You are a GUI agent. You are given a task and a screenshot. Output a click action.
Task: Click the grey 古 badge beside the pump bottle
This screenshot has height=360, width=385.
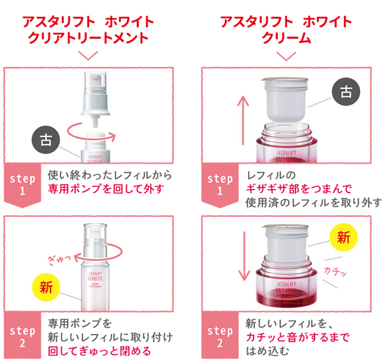pos(46,140)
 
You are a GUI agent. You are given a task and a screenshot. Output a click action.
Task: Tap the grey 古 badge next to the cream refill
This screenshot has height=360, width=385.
pos(346,92)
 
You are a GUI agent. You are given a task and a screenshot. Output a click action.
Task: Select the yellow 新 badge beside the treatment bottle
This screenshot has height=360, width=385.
pos(46,287)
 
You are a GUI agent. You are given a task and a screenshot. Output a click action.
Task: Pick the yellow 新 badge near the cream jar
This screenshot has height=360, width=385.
pos(343,237)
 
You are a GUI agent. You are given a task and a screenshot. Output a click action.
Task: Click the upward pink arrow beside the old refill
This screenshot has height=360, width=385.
pos(243,120)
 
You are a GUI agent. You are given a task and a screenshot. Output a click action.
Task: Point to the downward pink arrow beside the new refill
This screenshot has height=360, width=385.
pos(244,256)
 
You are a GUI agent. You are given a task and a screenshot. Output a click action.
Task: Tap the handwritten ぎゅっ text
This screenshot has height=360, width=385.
pos(59,260)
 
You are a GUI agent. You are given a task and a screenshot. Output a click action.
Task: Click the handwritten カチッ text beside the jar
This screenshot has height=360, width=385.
pos(335,272)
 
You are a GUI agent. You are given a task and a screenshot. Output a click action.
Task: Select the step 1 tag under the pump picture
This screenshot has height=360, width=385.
pos(22,185)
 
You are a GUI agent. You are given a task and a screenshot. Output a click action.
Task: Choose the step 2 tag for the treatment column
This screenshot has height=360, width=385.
pos(22,335)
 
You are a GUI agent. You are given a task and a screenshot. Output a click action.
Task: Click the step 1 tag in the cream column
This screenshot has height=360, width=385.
pos(220,185)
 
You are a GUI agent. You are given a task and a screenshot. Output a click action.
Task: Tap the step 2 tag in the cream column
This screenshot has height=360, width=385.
pos(220,335)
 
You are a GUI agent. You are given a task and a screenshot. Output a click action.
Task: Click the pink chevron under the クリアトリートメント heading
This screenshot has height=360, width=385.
pos(88,56)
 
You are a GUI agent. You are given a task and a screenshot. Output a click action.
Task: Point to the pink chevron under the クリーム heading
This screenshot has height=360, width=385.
pos(286,56)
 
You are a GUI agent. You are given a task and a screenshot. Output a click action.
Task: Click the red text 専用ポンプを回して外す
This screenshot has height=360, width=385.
pos(106,189)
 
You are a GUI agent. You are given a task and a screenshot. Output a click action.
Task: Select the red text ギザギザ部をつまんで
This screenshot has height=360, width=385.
pos(299,189)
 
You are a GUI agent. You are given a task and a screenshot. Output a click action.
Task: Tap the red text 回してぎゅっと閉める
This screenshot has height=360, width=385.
pos(100,351)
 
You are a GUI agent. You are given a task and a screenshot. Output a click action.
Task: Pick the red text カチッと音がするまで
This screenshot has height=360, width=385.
pos(297,337)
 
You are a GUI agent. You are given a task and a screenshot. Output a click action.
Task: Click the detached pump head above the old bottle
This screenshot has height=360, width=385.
pos(95,99)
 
